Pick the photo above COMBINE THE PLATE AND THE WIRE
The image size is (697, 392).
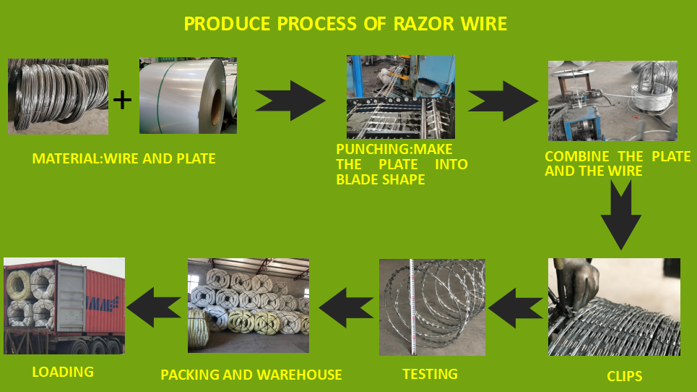612,101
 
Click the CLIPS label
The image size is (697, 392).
624,376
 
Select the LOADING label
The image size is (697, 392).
63,372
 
